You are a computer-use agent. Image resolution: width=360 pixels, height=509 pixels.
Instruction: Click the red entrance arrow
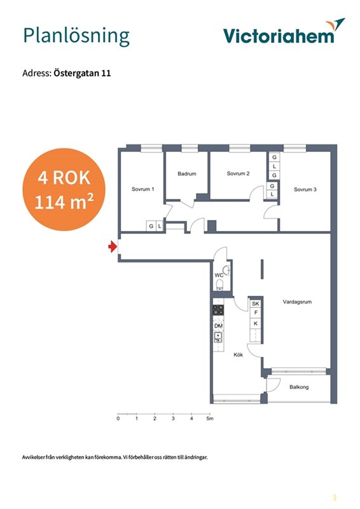point(113,247)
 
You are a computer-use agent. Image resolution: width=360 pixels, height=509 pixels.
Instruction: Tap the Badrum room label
point(187,174)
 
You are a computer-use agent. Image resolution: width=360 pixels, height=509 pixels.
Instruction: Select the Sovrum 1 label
point(143,189)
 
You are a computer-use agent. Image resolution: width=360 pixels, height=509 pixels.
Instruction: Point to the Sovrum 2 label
point(239,173)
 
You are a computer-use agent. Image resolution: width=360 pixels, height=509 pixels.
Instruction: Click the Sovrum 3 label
point(305,189)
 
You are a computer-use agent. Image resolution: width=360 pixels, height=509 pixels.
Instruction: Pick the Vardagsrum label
point(297,302)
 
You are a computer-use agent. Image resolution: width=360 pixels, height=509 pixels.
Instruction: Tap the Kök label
point(239,355)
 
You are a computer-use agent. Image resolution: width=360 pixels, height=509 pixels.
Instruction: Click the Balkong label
point(299,387)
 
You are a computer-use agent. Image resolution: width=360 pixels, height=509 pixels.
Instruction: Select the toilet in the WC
point(220,284)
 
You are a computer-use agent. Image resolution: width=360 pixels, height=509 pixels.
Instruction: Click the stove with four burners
point(218,310)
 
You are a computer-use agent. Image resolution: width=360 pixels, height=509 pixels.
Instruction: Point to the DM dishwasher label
point(218,326)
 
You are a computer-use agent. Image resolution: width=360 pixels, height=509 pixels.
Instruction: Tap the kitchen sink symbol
point(218,337)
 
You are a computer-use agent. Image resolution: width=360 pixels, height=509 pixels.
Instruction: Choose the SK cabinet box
point(256,303)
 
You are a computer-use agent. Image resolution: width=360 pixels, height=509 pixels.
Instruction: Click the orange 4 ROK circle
point(64,190)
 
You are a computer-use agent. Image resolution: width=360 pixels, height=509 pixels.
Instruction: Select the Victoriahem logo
point(284,31)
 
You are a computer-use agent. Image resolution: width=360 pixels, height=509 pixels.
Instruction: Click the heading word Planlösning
point(76,36)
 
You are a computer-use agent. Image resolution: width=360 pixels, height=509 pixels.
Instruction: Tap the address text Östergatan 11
point(82,73)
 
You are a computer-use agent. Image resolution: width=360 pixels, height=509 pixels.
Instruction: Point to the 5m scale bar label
point(210,419)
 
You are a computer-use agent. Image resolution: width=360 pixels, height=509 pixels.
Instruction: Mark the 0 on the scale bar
point(118,419)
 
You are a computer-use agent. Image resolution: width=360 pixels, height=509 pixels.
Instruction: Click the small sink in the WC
point(227,270)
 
